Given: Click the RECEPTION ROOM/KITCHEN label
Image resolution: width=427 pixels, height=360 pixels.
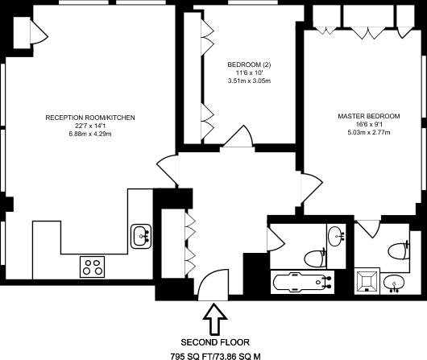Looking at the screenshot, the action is coord(90,118).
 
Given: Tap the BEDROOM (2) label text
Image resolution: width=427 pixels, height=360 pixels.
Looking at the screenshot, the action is coord(249,64).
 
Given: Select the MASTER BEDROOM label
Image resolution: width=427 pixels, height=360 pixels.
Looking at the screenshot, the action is coord(369,116).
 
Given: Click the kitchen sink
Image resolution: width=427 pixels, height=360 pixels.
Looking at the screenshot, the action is coord(141,236).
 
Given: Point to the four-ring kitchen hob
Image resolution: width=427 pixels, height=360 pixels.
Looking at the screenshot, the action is coord(93,267).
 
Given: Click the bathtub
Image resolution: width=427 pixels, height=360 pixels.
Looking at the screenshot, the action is coord(303,283).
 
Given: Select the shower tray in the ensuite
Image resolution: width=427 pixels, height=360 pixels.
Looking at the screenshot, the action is coord(367,281).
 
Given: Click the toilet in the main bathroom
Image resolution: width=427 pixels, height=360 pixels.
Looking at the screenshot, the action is coord(315,258).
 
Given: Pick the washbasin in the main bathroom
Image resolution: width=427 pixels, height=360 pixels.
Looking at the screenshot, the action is coord(337,234).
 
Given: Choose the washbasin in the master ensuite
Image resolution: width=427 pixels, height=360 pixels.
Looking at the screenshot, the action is coord(392,283).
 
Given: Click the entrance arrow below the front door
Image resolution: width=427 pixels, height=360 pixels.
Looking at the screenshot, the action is coord(215,320).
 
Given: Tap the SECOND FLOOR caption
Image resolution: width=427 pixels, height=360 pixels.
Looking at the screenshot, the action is coord(215,342).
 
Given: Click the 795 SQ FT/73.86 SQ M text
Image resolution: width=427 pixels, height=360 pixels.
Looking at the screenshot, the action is coord(215,356).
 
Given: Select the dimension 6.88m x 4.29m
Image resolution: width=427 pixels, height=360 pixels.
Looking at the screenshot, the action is coord(90,134).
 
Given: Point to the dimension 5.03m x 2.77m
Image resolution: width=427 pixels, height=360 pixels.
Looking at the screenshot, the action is coord(369,133).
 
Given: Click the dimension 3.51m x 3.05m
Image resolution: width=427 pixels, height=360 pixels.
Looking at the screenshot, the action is coord(249,81).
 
